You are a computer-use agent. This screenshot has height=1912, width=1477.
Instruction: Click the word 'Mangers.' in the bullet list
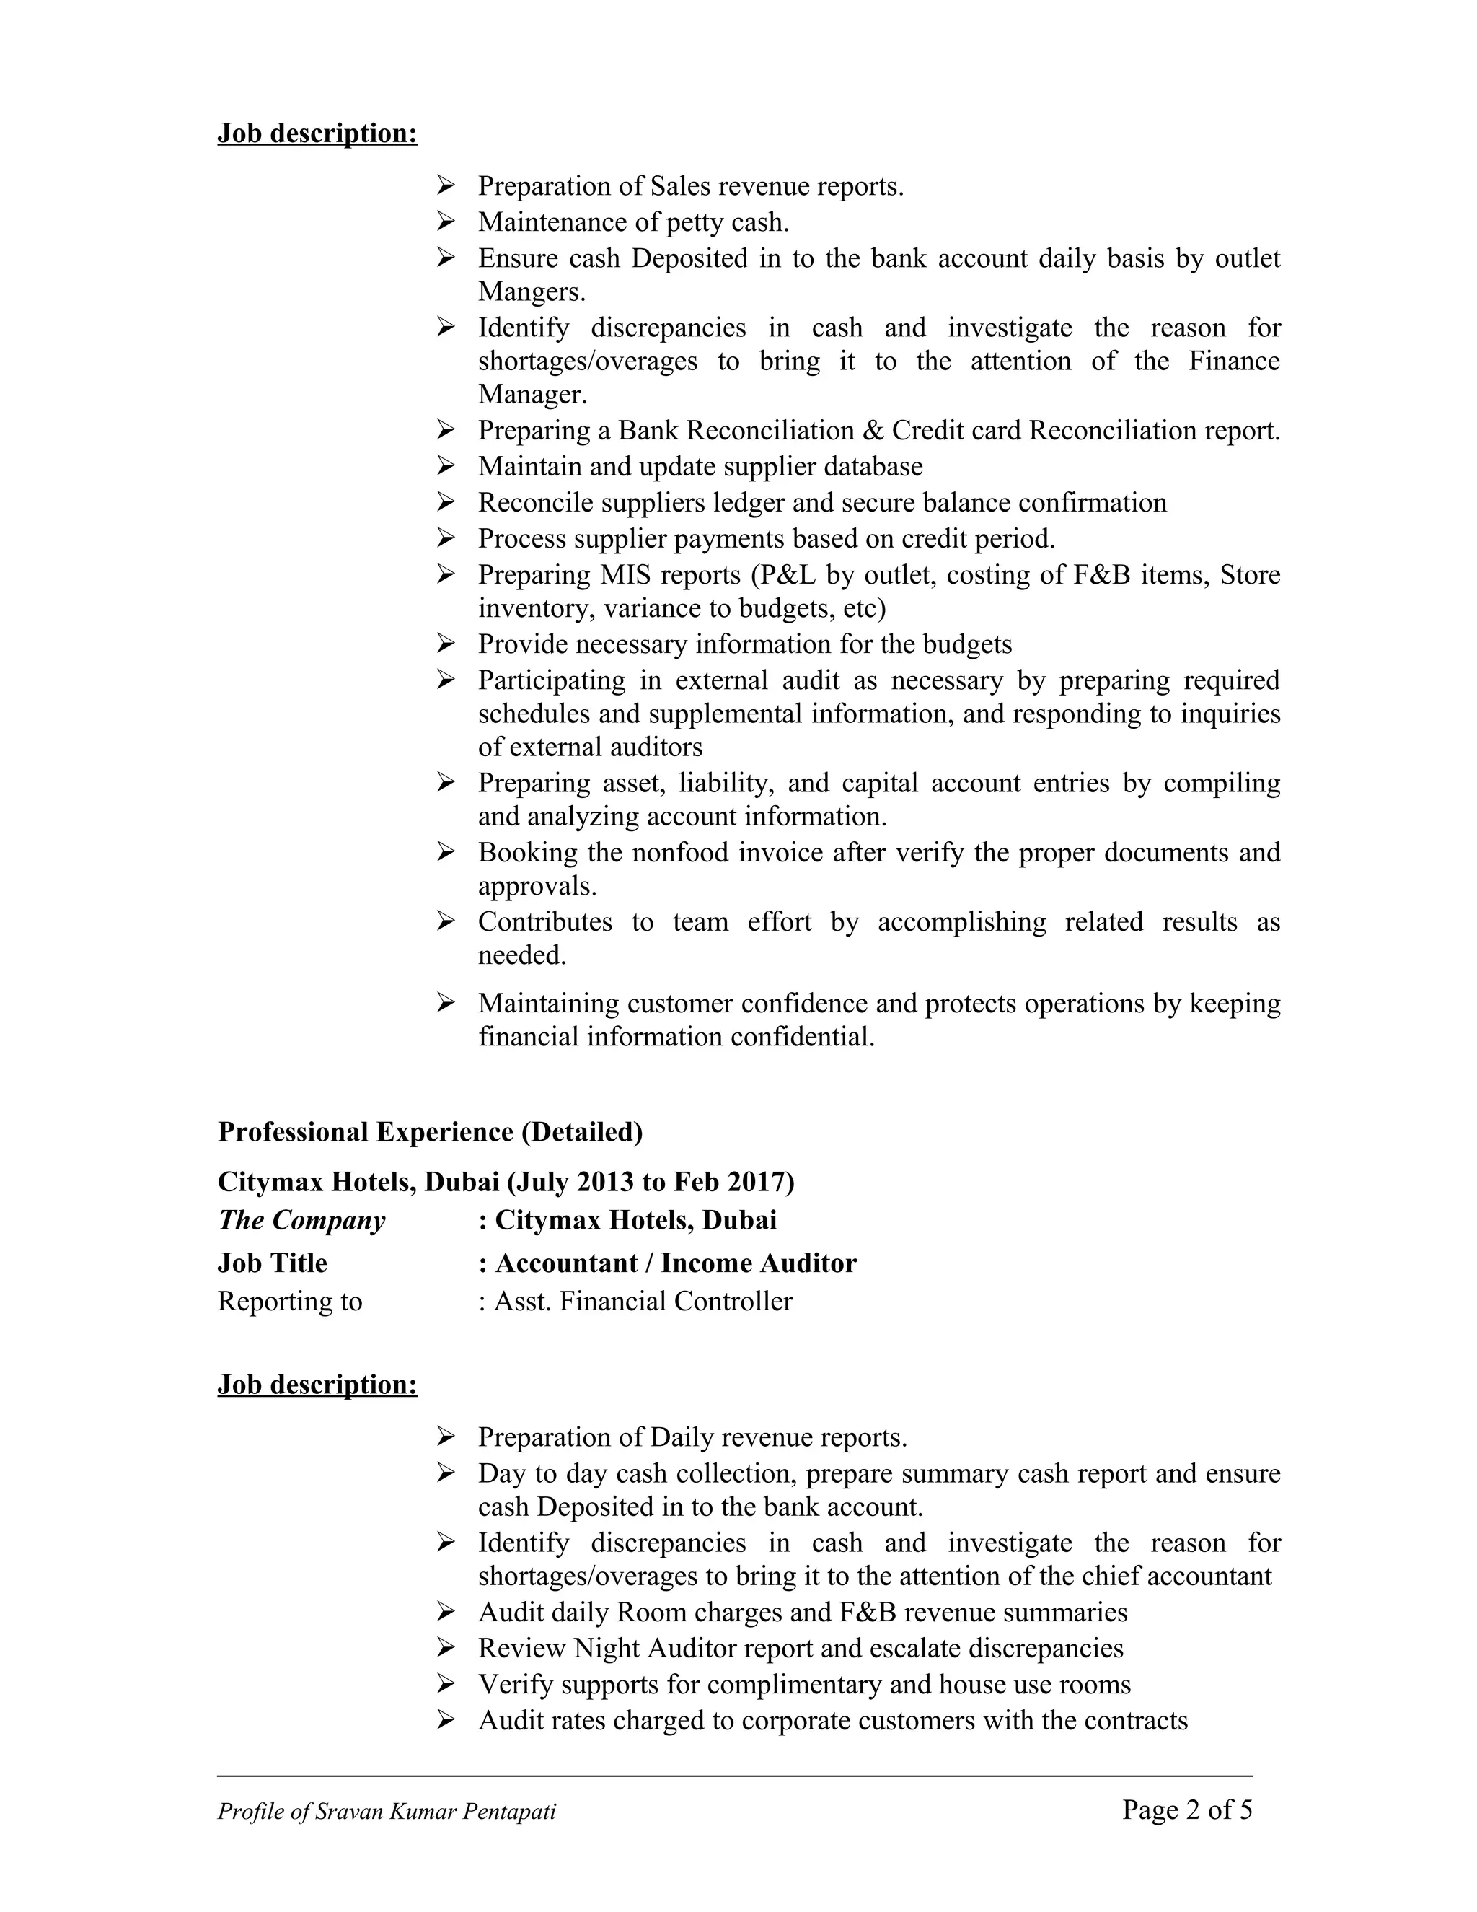(531, 291)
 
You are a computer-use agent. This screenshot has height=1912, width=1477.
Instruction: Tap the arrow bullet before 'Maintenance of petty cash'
(446, 222)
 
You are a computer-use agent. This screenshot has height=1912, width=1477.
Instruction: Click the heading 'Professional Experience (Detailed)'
(430, 1132)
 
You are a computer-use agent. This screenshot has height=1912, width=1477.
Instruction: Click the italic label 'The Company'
(301, 1220)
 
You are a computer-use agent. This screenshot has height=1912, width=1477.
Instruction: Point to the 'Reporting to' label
(290, 1302)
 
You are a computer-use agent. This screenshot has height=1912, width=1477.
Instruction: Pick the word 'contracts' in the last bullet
(1136, 1720)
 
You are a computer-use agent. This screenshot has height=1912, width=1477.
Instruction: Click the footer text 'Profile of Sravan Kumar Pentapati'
(387, 1811)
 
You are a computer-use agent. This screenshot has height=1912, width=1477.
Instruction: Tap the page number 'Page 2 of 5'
(1186, 1810)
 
